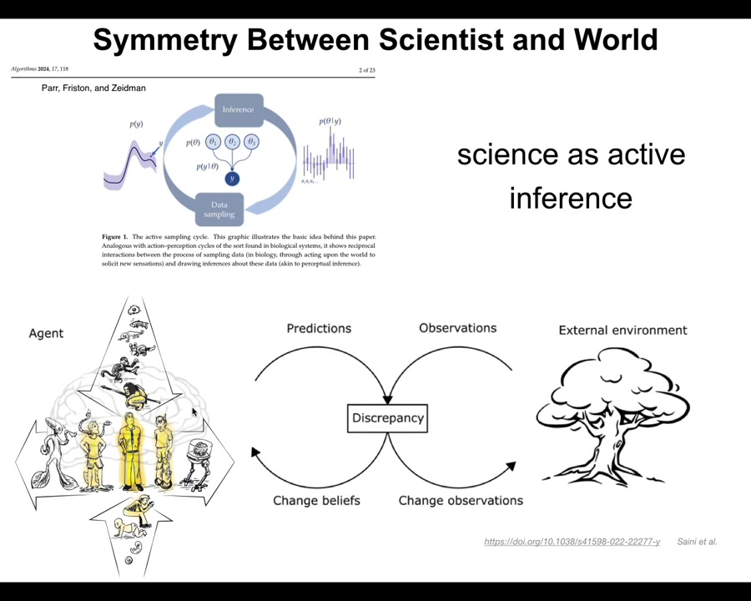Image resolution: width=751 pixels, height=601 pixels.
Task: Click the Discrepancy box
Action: click(x=387, y=417)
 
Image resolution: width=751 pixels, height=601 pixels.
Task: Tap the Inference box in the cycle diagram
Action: click(x=238, y=109)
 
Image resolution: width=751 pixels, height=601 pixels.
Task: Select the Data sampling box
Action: click(x=219, y=210)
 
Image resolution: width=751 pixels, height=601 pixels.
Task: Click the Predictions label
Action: click(x=319, y=328)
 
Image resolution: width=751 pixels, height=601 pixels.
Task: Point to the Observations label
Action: click(x=457, y=328)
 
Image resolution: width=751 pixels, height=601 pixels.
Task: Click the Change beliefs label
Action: click(x=316, y=500)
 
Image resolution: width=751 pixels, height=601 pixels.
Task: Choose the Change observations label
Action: click(x=461, y=500)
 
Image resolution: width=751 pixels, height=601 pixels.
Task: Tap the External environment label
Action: click(x=622, y=330)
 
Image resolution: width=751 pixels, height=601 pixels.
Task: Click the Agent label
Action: click(x=46, y=333)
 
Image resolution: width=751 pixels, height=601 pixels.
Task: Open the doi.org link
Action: click(x=572, y=542)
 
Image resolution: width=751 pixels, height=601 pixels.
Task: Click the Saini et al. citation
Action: click(x=697, y=542)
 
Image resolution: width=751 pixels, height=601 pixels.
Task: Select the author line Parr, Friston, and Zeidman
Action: click(x=93, y=88)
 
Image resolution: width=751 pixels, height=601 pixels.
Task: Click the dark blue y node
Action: click(x=233, y=178)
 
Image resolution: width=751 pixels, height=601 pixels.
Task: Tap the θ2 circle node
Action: click(x=233, y=142)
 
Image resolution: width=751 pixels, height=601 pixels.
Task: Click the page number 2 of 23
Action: click(x=366, y=70)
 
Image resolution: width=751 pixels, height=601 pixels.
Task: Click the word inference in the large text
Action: click(x=571, y=198)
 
